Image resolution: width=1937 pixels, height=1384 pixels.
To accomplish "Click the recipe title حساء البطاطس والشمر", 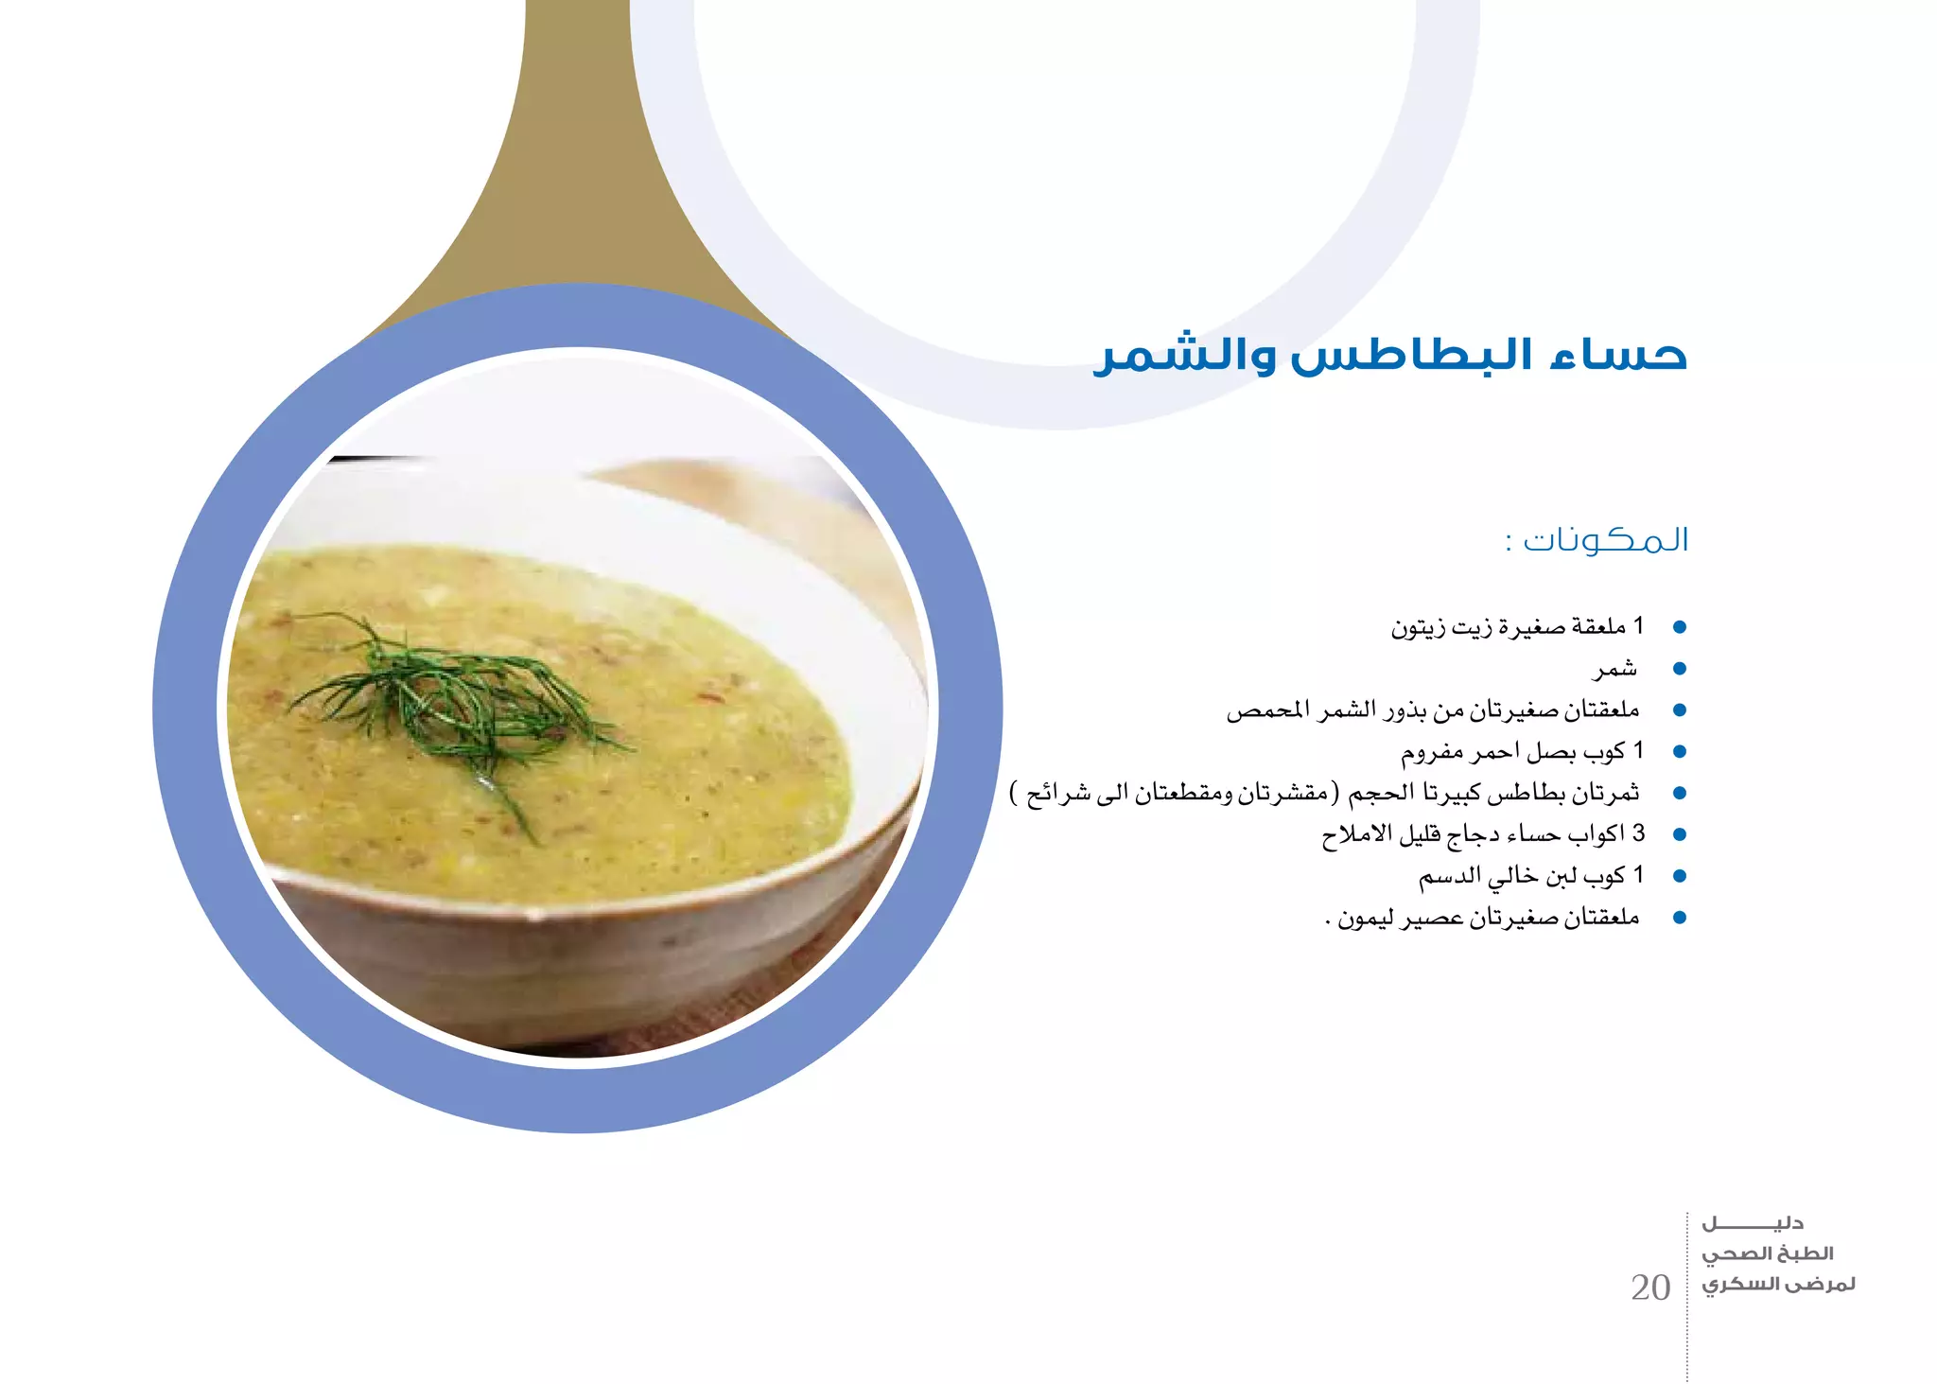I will pyautogui.click(x=1390, y=357).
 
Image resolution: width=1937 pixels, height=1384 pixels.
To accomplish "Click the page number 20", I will pyautogui.click(x=1650, y=1288).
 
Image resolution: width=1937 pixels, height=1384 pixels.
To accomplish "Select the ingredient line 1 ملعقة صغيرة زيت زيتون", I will pyautogui.click(x=1517, y=627).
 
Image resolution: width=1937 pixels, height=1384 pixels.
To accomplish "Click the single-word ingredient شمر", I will pyautogui.click(x=1615, y=669).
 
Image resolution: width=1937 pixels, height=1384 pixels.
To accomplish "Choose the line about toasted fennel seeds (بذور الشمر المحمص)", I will pyautogui.click(x=1432, y=710).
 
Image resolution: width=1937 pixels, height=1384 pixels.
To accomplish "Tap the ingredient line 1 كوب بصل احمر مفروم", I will pyautogui.click(x=1522, y=752).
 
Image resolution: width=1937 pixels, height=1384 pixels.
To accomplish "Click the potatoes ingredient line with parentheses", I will pyautogui.click(x=1324, y=793).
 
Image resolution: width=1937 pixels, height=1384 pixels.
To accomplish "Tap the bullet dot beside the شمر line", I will pyautogui.click(x=1680, y=669).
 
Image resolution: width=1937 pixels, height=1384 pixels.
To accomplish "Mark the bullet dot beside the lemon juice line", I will pyautogui.click(x=1680, y=918).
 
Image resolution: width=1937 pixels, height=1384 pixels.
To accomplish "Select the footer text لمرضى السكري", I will pyautogui.click(x=1778, y=1285).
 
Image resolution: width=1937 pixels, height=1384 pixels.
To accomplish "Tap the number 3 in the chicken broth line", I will pyautogui.click(x=1638, y=833).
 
